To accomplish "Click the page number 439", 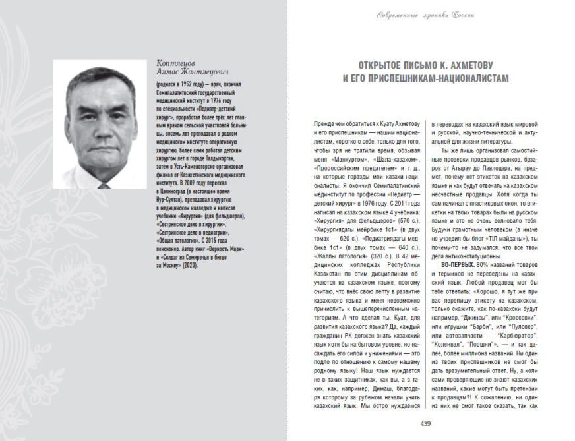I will pos(425,423).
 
